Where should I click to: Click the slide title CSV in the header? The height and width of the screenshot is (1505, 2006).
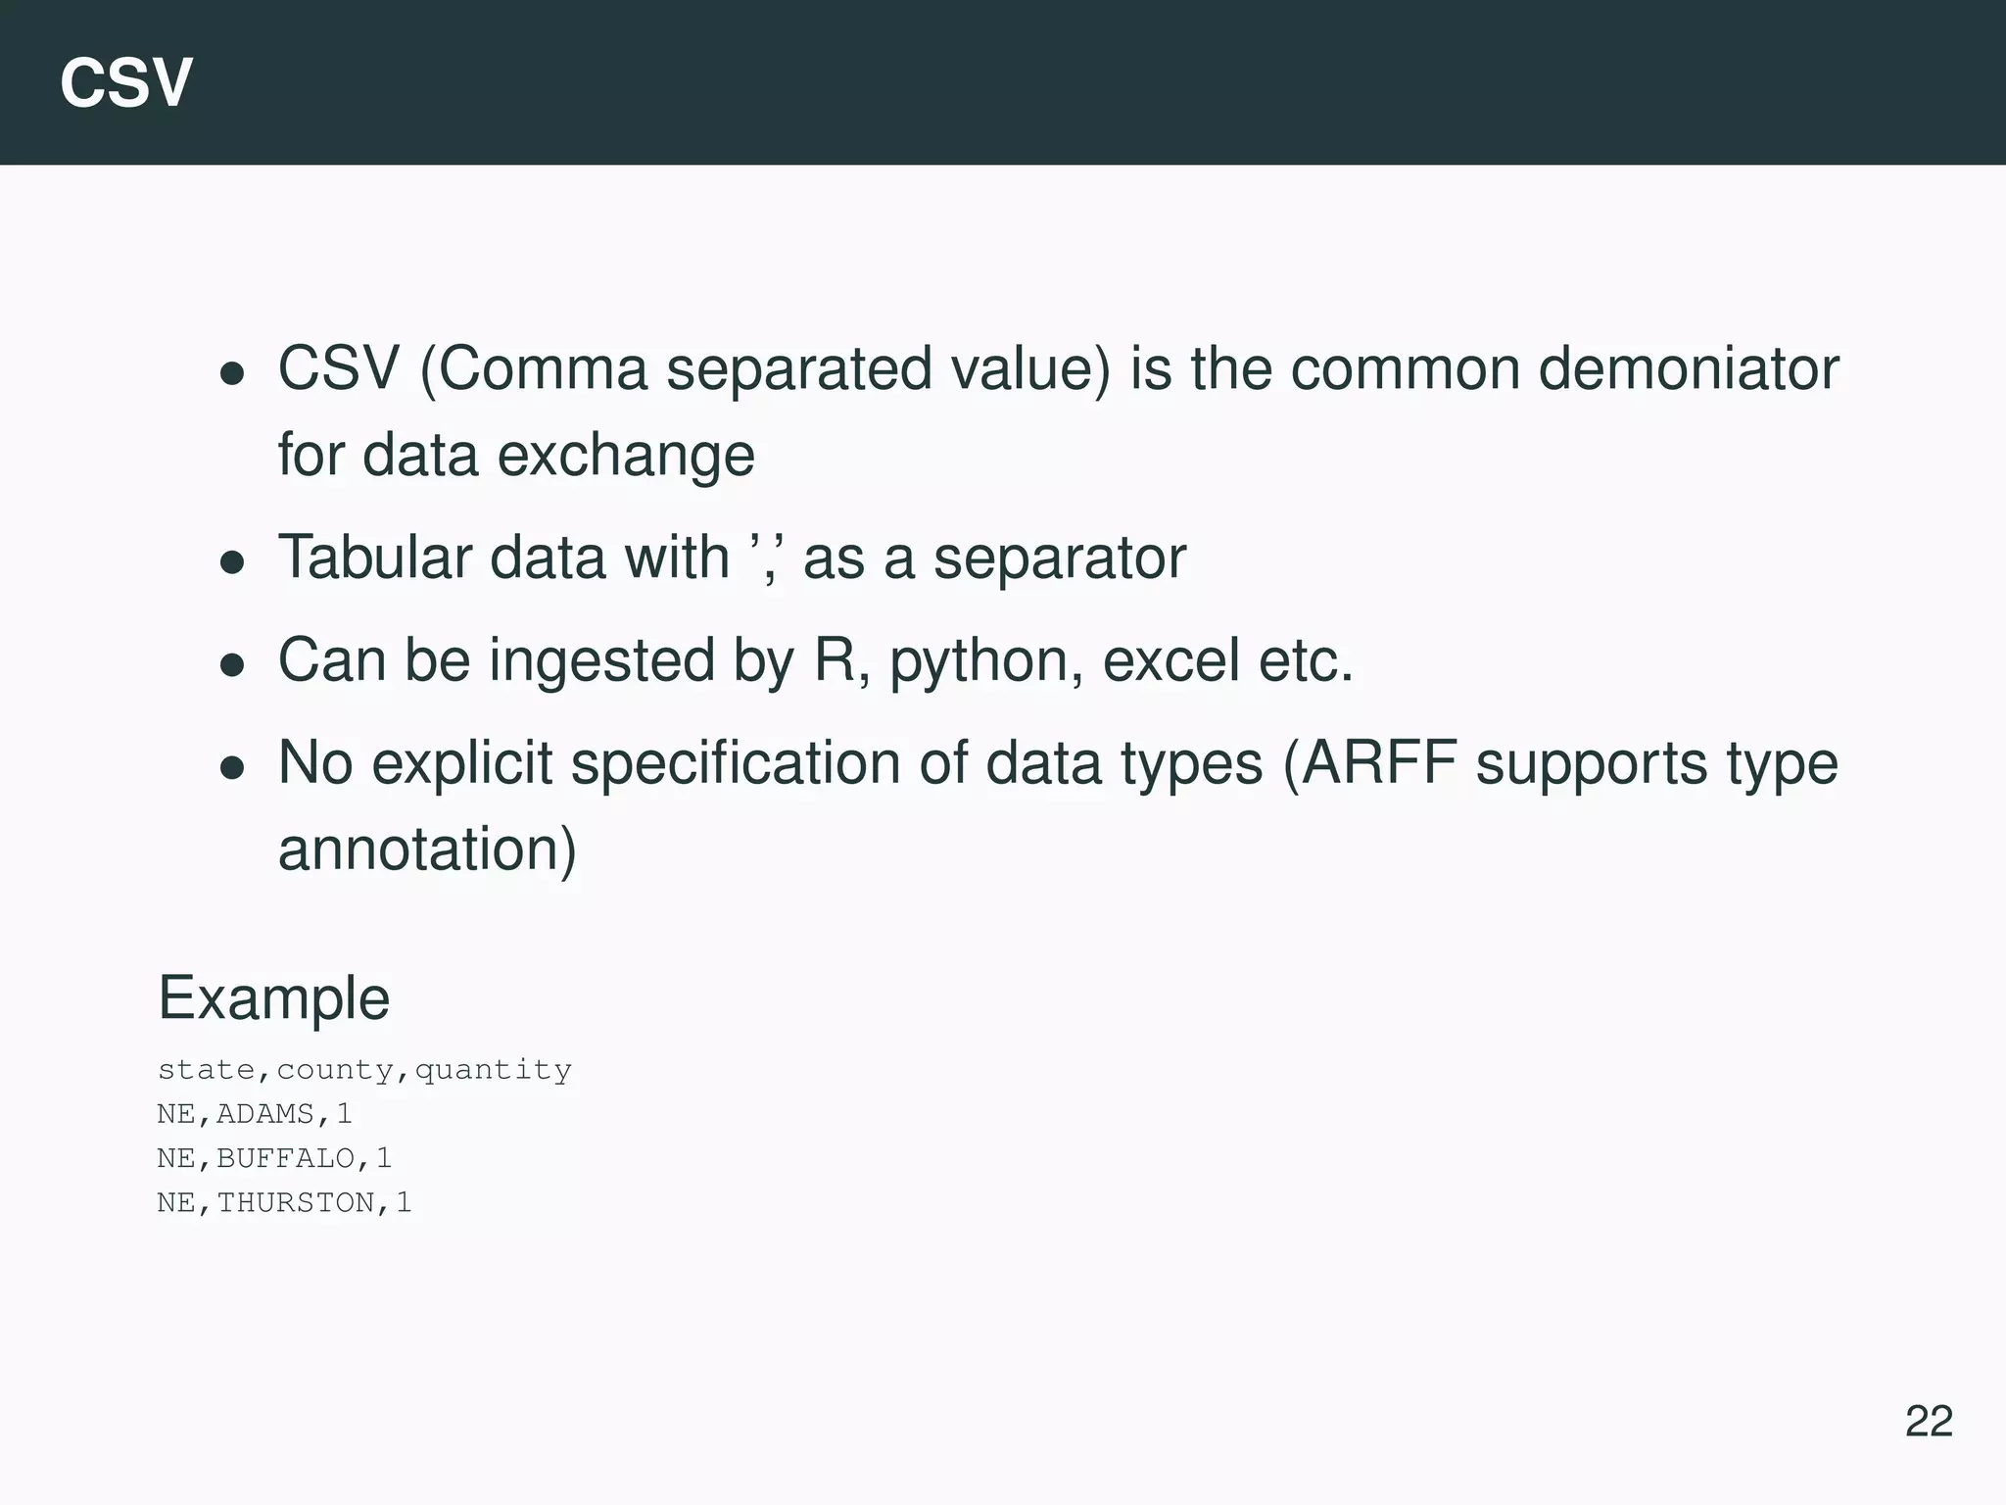(125, 83)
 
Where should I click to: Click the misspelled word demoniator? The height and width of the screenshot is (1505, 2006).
(1688, 369)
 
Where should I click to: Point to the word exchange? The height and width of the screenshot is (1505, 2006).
(626, 456)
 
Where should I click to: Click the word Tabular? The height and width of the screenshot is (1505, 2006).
(374, 558)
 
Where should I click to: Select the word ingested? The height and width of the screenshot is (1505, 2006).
(601, 661)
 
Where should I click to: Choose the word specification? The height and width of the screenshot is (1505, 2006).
(735, 764)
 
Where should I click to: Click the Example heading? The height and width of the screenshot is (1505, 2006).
(274, 998)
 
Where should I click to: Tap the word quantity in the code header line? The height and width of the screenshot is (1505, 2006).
(493, 1070)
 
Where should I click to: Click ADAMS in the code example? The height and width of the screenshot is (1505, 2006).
(265, 1114)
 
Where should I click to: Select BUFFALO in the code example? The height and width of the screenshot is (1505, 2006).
(285, 1158)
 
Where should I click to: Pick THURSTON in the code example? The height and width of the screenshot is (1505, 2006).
(295, 1202)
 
